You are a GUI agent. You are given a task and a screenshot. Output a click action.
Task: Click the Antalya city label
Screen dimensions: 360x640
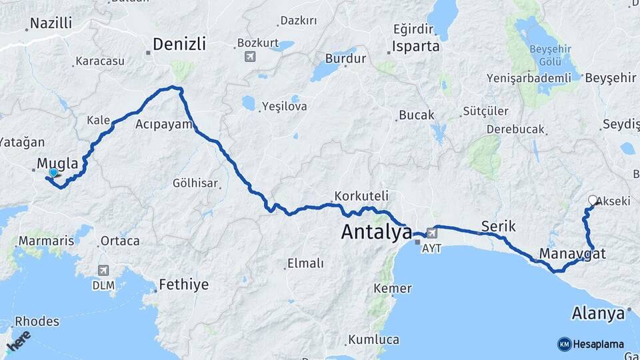(x=376, y=232)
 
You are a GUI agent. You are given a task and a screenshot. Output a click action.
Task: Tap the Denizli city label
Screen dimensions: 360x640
(x=179, y=44)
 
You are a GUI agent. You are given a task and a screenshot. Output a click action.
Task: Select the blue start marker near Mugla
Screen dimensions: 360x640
(x=53, y=173)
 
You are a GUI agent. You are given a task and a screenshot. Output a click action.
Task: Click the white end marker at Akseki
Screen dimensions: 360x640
(x=593, y=199)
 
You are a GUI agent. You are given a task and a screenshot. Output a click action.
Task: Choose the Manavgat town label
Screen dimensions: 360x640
(x=573, y=253)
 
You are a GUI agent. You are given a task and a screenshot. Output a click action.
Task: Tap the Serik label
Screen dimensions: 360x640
(x=498, y=226)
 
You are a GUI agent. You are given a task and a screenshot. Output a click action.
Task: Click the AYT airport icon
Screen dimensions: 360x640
(x=432, y=233)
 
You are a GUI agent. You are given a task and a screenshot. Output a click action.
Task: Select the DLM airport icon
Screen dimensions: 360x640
(x=103, y=270)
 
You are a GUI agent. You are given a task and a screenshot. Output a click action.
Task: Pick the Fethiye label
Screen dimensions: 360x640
(x=183, y=285)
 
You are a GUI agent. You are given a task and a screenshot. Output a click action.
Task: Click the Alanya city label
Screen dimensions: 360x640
(x=598, y=313)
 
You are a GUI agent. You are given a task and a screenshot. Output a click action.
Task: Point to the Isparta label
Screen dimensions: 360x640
(x=416, y=47)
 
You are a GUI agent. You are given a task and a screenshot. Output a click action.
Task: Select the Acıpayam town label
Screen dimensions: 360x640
(x=164, y=124)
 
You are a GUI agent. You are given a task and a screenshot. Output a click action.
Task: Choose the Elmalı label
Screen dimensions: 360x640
(x=305, y=263)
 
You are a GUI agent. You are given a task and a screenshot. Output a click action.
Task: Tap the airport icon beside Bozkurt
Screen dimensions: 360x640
(x=250, y=57)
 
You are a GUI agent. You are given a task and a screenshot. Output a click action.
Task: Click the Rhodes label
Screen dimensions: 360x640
(x=37, y=321)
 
